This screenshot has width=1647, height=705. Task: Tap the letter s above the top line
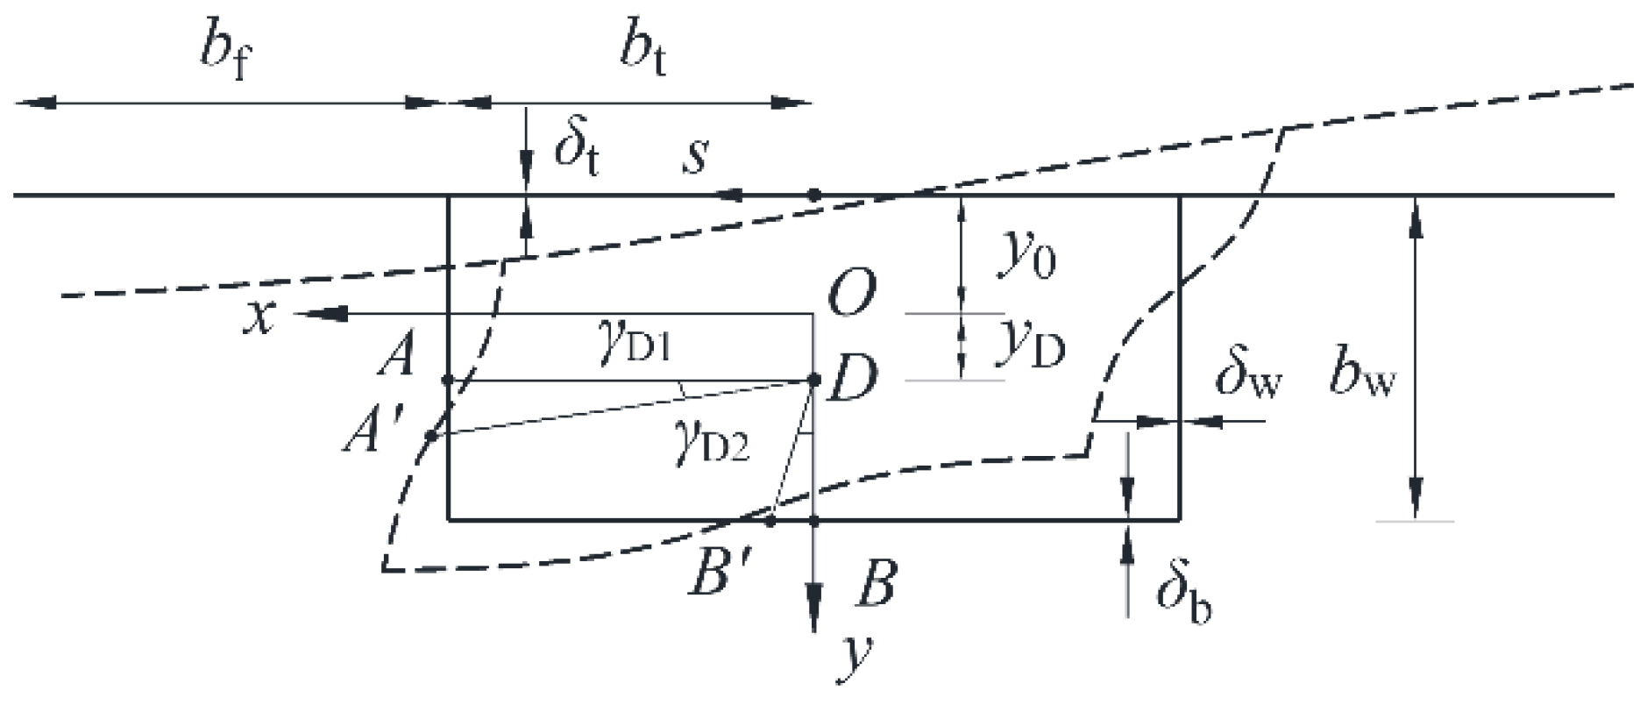click(695, 156)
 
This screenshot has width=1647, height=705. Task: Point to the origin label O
click(850, 293)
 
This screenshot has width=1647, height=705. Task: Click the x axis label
click(260, 317)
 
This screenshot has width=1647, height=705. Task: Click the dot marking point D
click(813, 380)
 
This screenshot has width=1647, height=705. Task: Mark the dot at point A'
click(430, 435)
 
